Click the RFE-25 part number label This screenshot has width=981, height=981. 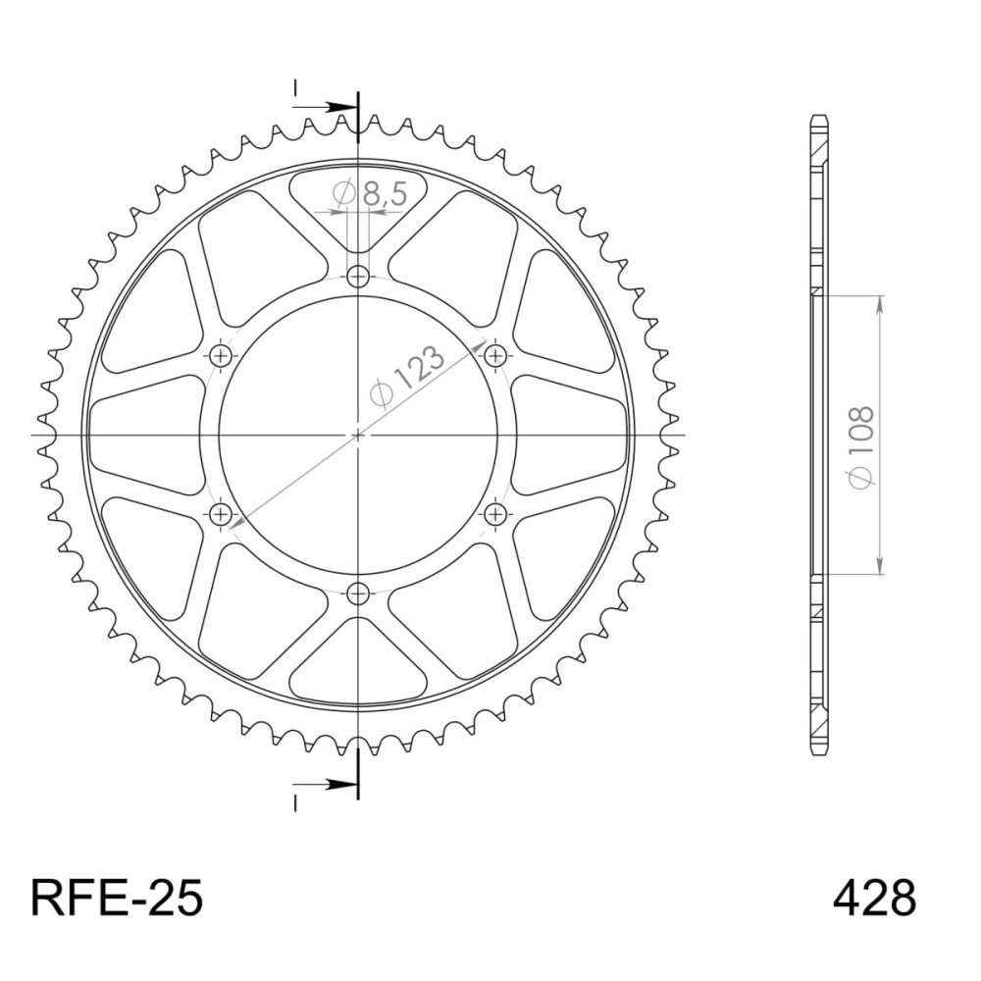117,899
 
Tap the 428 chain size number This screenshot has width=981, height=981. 875,899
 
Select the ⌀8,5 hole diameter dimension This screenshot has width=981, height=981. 371,194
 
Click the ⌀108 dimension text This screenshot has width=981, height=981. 861,447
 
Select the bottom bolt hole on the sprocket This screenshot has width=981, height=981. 358,593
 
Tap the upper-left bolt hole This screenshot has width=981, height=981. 220,356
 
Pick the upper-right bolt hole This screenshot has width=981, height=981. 495,356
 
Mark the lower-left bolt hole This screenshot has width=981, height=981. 220,515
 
